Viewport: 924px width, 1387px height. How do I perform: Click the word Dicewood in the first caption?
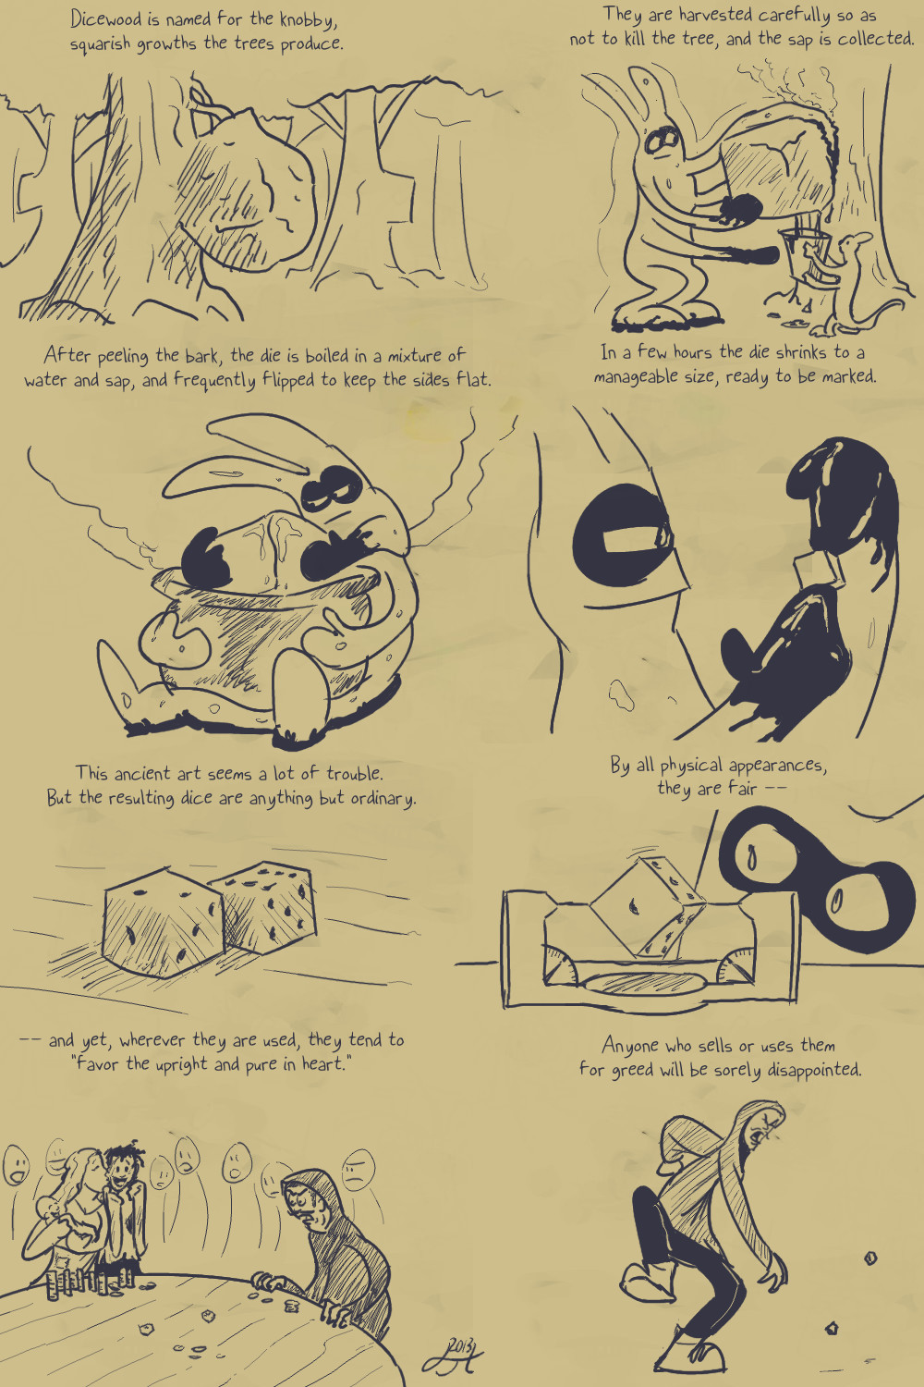point(104,18)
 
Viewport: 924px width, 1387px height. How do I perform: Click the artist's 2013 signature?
point(453,1355)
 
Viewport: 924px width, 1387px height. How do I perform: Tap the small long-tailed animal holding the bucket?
point(860,282)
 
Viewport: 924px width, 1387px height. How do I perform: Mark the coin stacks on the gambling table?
point(87,1280)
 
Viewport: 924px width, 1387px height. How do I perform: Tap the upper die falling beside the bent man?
point(870,1258)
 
